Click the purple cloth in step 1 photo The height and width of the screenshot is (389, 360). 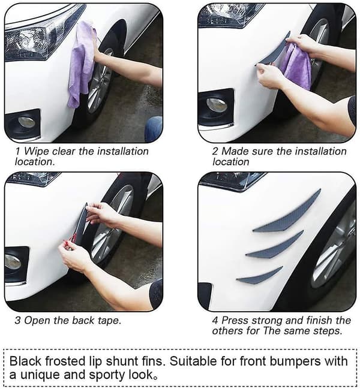point(80,65)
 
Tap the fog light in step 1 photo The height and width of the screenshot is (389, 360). point(26,122)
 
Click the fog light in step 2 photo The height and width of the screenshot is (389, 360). point(217,105)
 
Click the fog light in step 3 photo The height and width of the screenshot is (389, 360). point(13,262)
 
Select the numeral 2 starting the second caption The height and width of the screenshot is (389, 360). point(215,151)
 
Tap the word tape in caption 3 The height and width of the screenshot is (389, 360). point(109,321)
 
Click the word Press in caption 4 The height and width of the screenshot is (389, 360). point(235,320)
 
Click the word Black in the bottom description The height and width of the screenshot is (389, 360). point(25,361)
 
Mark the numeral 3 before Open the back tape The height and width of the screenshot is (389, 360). point(17,320)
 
